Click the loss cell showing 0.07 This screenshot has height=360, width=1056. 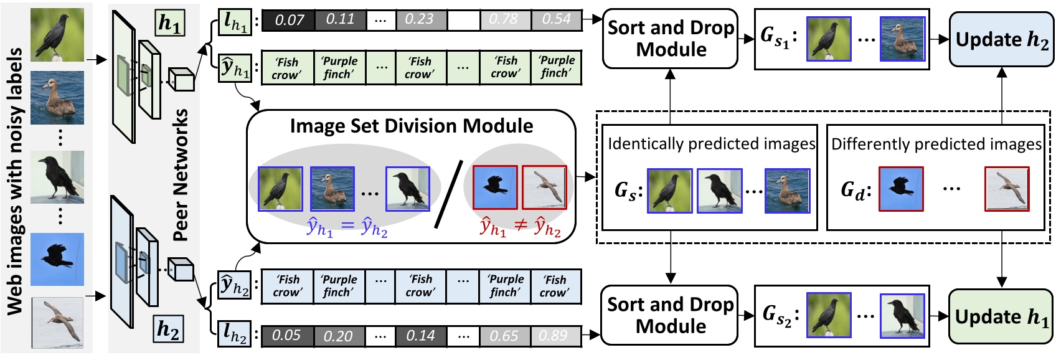coord(288,20)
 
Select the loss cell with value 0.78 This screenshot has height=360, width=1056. coord(504,20)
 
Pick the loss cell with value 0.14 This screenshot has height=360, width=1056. coord(420,336)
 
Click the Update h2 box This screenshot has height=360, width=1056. coord(1001,39)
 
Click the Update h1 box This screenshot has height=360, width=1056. coord(1001,316)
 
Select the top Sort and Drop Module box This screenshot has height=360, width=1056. coord(670,39)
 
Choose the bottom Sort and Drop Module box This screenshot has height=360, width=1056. coord(670,315)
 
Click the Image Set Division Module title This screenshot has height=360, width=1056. coord(412,126)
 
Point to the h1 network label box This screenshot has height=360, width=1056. coord(169,23)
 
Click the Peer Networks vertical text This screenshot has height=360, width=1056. coord(181,174)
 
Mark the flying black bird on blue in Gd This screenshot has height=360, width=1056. coord(900,189)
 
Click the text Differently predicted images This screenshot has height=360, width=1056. coord(936,144)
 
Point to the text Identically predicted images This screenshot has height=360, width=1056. coord(711,144)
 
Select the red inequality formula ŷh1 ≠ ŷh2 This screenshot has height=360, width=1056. coord(520,227)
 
